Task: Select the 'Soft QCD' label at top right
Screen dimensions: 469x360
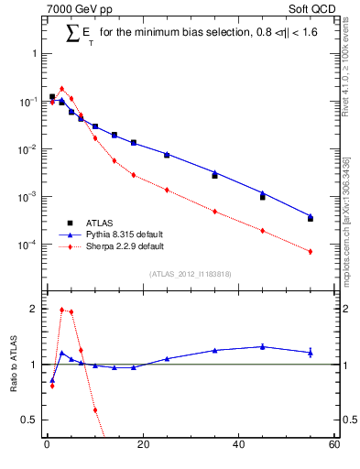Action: tap(312, 9)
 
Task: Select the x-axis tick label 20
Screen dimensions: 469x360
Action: tap(142, 446)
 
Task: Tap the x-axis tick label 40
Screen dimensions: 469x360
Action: tap(238, 446)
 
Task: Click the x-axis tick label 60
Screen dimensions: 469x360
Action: tap(333, 446)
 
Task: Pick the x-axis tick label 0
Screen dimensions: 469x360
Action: tap(47, 446)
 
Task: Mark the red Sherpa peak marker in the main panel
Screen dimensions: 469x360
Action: tap(61, 89)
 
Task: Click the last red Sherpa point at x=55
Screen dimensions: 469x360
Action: tap(311, 251)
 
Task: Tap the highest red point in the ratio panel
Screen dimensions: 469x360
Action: tap(61, 310)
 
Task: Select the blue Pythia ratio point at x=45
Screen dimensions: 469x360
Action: tap(263, 346)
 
